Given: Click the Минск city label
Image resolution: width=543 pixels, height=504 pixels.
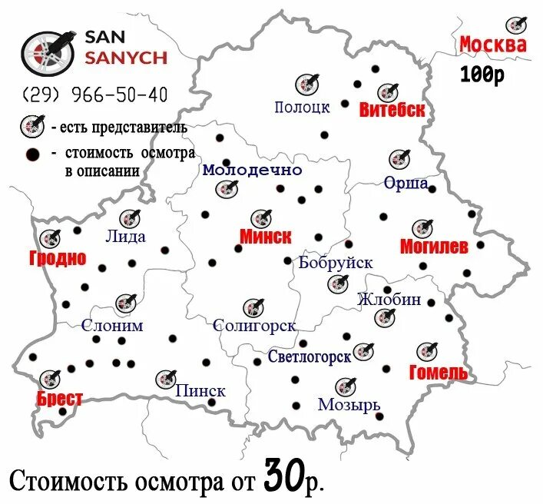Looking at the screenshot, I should click(x=265, y=237).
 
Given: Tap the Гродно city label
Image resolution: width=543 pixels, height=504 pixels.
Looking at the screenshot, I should click(x=58, y=257).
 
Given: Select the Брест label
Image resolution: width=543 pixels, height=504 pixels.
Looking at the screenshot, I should click(x=59, y=398).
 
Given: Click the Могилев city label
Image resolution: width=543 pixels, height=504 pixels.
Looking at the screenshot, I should click(x=434, y=247).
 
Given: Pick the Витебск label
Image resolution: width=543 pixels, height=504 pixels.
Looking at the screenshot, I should click(x=392, y=110).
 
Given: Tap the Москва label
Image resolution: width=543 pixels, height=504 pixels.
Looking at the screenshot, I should click(x=493, y=45).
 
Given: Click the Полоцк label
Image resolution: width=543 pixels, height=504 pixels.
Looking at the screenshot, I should click(x=302, y=107).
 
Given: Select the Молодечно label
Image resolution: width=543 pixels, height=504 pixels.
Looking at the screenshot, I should click(x=252, y=170).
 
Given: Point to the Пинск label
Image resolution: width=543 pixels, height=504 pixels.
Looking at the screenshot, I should click(x=200, y=390).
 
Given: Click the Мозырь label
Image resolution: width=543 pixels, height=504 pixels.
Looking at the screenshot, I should click(x=349, y=404).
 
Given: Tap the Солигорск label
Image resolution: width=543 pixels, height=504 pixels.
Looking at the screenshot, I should click(x=254, y=326).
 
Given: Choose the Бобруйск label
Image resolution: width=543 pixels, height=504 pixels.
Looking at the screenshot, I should click(x=336, y=263).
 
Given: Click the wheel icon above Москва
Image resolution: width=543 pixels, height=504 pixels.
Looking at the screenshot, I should click(x=516, y=25).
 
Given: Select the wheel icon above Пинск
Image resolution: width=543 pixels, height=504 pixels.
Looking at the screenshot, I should click(x=165, y=379).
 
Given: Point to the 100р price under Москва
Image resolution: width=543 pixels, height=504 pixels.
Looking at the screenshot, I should click(x=482, y=75).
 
